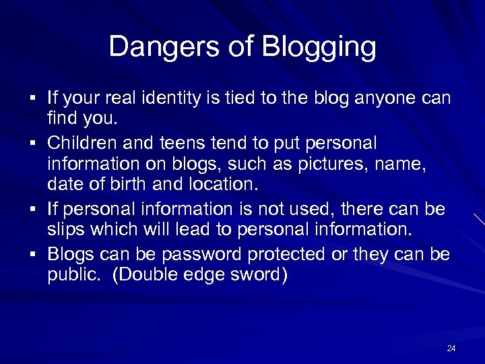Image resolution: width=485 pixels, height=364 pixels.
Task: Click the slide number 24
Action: click(x=451, y=348)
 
